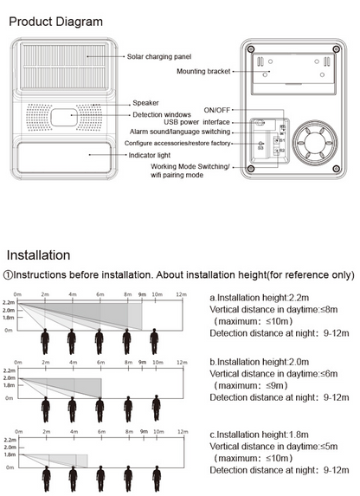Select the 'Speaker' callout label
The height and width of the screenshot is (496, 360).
[145, 103]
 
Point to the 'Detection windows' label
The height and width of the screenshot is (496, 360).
[162, 115]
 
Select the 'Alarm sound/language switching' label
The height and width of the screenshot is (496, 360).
[178, 132]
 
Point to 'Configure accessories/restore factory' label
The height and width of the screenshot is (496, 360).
[177, 142]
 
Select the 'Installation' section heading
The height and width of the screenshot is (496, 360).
[38, 255]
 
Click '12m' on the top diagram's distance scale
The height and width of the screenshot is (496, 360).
[180, 295]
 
